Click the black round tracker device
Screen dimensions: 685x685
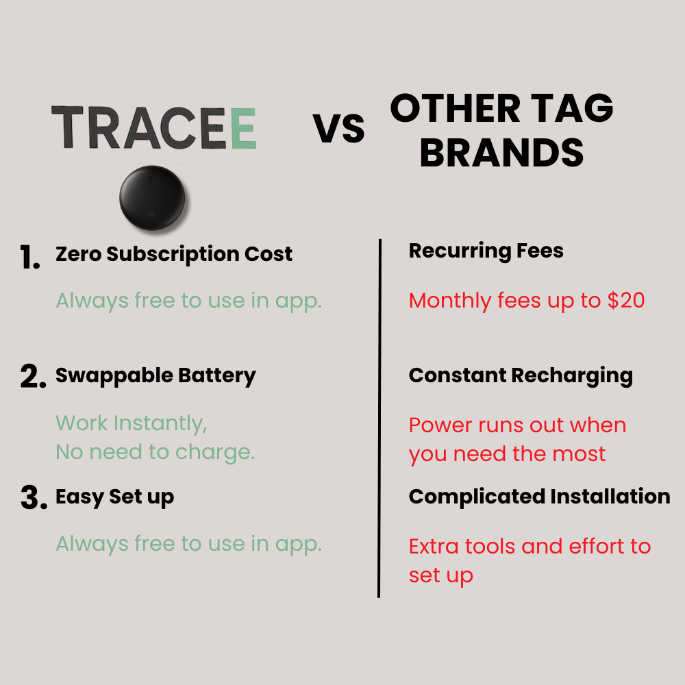pos(151,199)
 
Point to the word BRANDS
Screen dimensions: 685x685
pos(501,153)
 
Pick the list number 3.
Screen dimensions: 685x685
pos(33,499)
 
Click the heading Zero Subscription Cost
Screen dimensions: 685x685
pos(174,254)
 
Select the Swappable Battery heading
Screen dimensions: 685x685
pos(155,375)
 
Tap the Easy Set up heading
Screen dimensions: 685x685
pos(114,497)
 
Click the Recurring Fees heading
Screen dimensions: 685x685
pos(486,251)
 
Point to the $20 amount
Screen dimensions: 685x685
pos(626,300)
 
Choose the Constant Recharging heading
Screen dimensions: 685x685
pos(521,375)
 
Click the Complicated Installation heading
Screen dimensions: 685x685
pos(539,496)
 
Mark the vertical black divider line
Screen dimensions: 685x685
pos(379,418)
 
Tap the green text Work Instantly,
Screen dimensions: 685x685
pos(132,423)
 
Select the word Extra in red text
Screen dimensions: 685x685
pos(434,547)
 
